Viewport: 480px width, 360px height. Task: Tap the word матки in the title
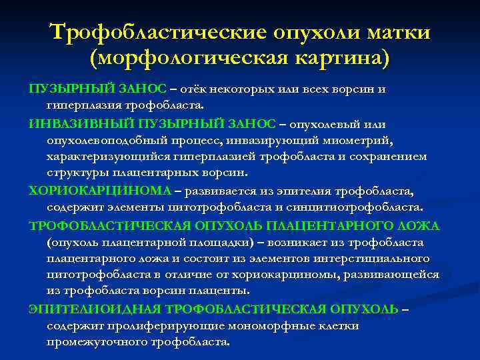click(393, 32)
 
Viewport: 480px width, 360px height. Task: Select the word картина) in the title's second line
click(338, 59)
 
